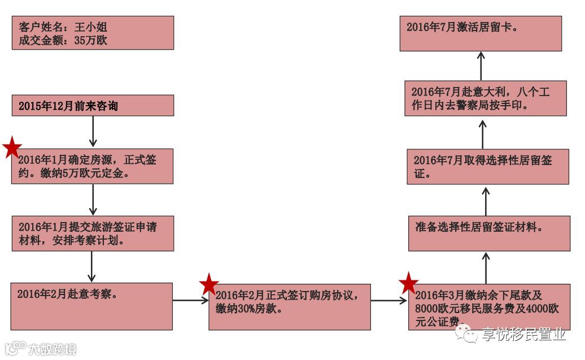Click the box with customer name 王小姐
(93, 33)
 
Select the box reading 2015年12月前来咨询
(93, 106)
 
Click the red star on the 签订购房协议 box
(209, 284)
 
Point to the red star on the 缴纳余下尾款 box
(408, 283)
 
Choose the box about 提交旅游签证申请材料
(93, 233)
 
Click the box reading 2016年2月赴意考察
(91, 306)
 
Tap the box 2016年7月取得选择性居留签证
(487, 167)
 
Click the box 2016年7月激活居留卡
(481, 33)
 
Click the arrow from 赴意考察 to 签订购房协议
(190, 301)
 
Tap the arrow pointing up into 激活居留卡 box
(481, 66)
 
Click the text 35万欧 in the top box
(90, 40)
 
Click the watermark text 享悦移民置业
(523, 335)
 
